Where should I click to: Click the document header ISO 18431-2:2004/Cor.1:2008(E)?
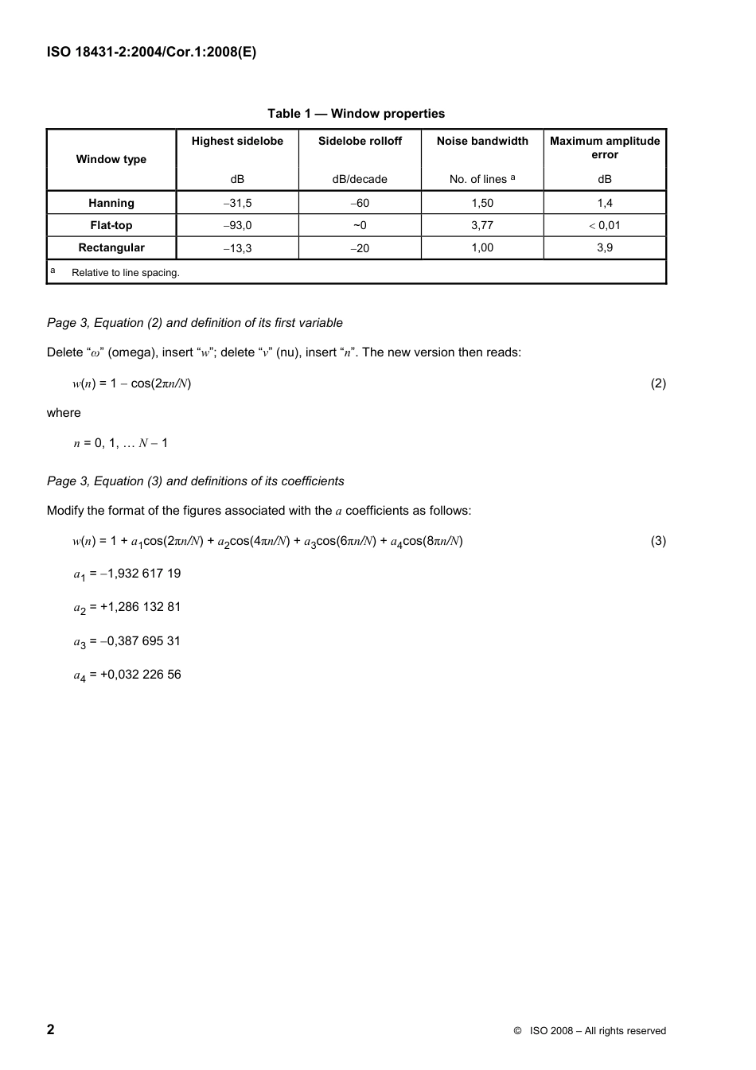tap(151, 53)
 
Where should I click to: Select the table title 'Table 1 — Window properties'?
tap(356, 114)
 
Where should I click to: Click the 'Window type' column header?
tap(111, 159)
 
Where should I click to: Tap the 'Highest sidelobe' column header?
tap(237, 141)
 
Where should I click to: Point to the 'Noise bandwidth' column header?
tap(482, 141)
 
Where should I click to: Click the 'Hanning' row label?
tap(111, 203)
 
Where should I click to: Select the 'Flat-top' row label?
tap(111, 225)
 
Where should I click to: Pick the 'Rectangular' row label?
tap(111, 247)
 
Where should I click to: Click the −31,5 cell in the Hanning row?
tap(237, 203)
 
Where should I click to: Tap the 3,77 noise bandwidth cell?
tap(482, 225)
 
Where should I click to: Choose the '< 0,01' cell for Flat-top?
tap(605, 225)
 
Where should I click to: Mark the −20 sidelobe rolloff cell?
tap(360, 248)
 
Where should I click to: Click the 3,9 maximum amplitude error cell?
tap(605, 247)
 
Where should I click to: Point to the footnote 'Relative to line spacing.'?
tap(126, 273)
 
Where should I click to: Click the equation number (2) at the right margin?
tap(658, 383)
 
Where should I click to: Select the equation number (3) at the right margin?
tap(658, 541)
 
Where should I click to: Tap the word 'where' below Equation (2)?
tap(64, 413)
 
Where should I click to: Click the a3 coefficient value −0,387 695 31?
tap(140, 641)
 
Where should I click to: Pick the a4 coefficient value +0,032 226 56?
tap(140, 675)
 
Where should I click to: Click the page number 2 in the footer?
tap(51, 1029)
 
